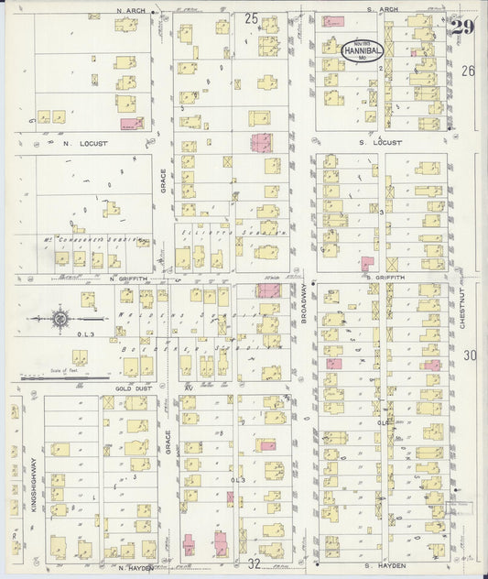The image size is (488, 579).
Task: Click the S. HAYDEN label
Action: (x=374, y=566)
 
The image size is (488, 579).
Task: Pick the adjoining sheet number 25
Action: (x=251, y=17)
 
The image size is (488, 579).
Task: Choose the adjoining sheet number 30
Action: (x=471, y=355)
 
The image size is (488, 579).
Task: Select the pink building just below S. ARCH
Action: (x=333, y=21)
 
